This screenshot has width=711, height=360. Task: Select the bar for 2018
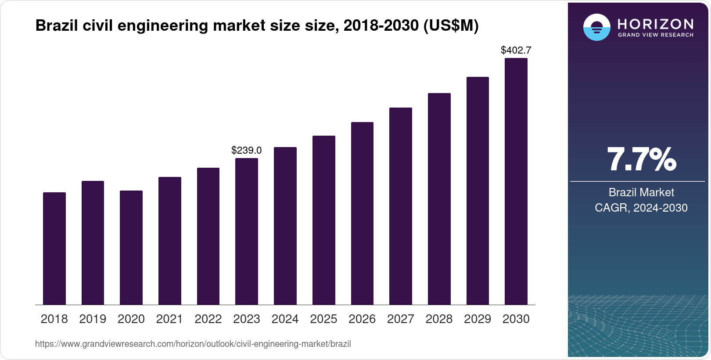(x=54, y=248)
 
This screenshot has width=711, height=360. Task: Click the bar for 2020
(x=131, y=248)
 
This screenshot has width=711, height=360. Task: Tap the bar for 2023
(x=247, y=231)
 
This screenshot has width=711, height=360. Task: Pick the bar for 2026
(x=362, y=213)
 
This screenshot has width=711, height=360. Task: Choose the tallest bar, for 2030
(x=516, y=181)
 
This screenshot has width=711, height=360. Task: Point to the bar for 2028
(x=439, y=199)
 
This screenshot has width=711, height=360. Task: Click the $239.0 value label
(x=247, y=151)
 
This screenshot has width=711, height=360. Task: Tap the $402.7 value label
(x=516, y=50)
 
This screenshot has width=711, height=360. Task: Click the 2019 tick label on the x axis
(x=93, y=319)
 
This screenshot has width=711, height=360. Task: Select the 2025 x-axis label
(x=323, y=319)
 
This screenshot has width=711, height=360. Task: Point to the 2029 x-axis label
(x=478, y=319)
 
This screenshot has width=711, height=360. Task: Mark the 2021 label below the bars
(x=169, y=319)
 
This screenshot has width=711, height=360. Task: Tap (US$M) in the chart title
(x=451, y=26)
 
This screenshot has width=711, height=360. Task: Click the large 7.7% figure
(x=641, y=160)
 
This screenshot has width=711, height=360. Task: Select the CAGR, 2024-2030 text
(x=641, y=208)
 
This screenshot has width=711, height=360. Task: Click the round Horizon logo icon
(x=596, y=27)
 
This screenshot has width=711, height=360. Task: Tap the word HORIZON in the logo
(x=656, y=24)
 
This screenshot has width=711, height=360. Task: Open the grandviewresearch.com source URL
(x=193, y=344)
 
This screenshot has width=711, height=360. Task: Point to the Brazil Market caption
(x=641, y=192)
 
